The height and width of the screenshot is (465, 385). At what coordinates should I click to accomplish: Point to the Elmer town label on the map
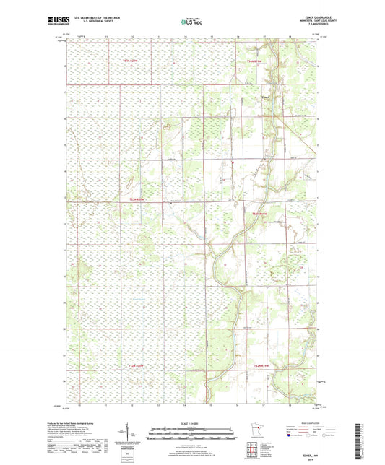pyautogui.click(x=265, y=92)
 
